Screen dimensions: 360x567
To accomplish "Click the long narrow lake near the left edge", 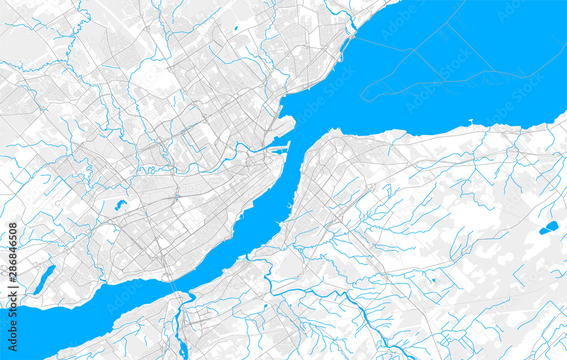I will click(x=43, y=279).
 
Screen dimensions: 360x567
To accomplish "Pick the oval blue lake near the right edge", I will click(x=548, y=228).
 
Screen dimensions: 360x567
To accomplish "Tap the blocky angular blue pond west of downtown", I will click(x=121, y=205).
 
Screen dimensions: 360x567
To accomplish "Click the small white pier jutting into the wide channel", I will click(x=471, y=121).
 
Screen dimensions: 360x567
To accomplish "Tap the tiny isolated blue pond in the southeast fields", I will click(x=434, y=279).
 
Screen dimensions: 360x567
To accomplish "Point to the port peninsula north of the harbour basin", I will click(x=289, y=122).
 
